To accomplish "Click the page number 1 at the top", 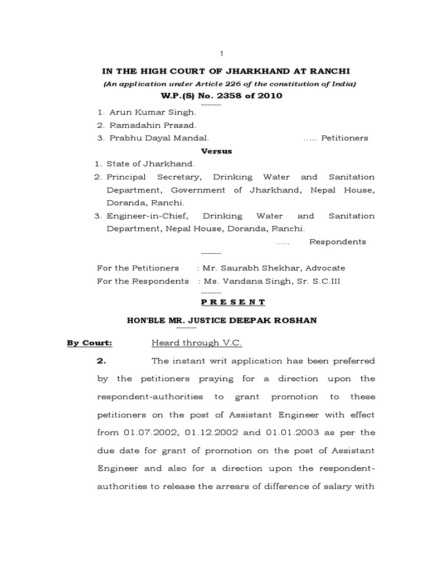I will [222, 53].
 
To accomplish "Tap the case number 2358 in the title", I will [233, 95].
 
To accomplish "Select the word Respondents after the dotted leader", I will [338, 241].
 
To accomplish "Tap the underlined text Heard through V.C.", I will [196, 343].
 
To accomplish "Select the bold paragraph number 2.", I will [101, 361].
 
